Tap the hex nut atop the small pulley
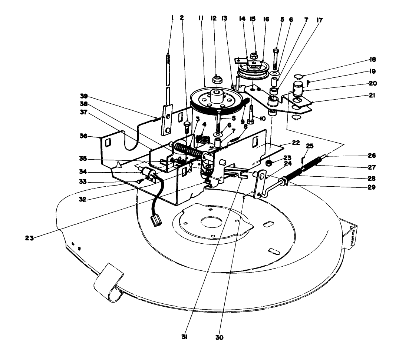(x=254, y=56)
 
